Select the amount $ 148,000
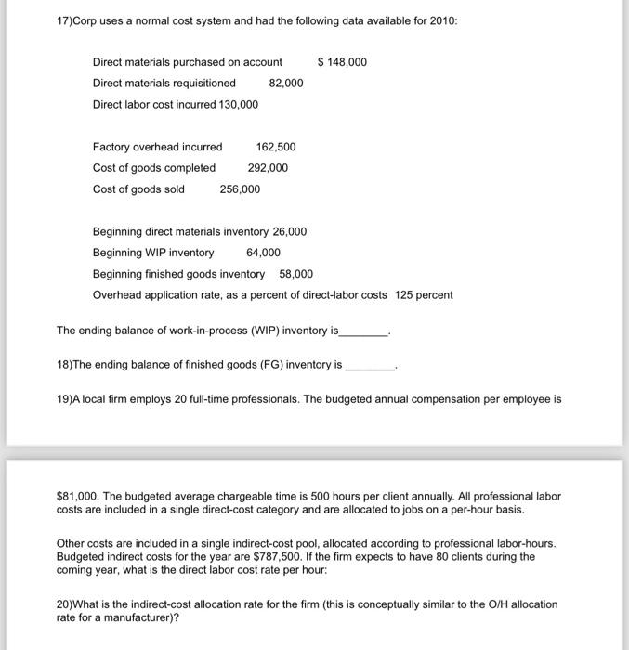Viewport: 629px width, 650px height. [342, 62]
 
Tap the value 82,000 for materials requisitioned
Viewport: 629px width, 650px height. [286, 84]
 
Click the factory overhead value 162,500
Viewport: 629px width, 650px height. [276, 147]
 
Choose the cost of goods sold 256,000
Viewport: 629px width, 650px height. [240, 189]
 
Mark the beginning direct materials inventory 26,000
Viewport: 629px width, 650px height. [289, 231]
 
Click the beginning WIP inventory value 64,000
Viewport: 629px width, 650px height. [263, 253]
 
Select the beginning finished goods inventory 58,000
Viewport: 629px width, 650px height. [295, 274]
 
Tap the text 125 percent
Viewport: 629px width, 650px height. [424, 295]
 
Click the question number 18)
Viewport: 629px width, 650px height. [66, 365]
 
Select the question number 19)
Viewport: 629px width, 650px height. [66, 399]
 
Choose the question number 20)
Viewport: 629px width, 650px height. [67, 604]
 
